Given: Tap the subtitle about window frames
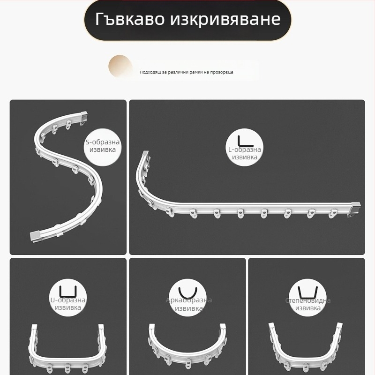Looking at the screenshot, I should pyautogui.click(x=186, y=72).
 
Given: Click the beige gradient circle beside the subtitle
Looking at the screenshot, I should pyautogui.click(x=120, y=67).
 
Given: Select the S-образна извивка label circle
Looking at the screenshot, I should pyautogui.click(x=103, y=146).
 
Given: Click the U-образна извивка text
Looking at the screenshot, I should pyautogui.click(x=68, y=304).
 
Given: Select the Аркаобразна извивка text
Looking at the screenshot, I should pyautogui.click(x=188, y=304).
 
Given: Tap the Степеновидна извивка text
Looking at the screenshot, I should pyautogui.click(x=308, y=304).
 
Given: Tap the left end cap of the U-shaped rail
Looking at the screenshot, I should pyautogui.click(x=34, y=327).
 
